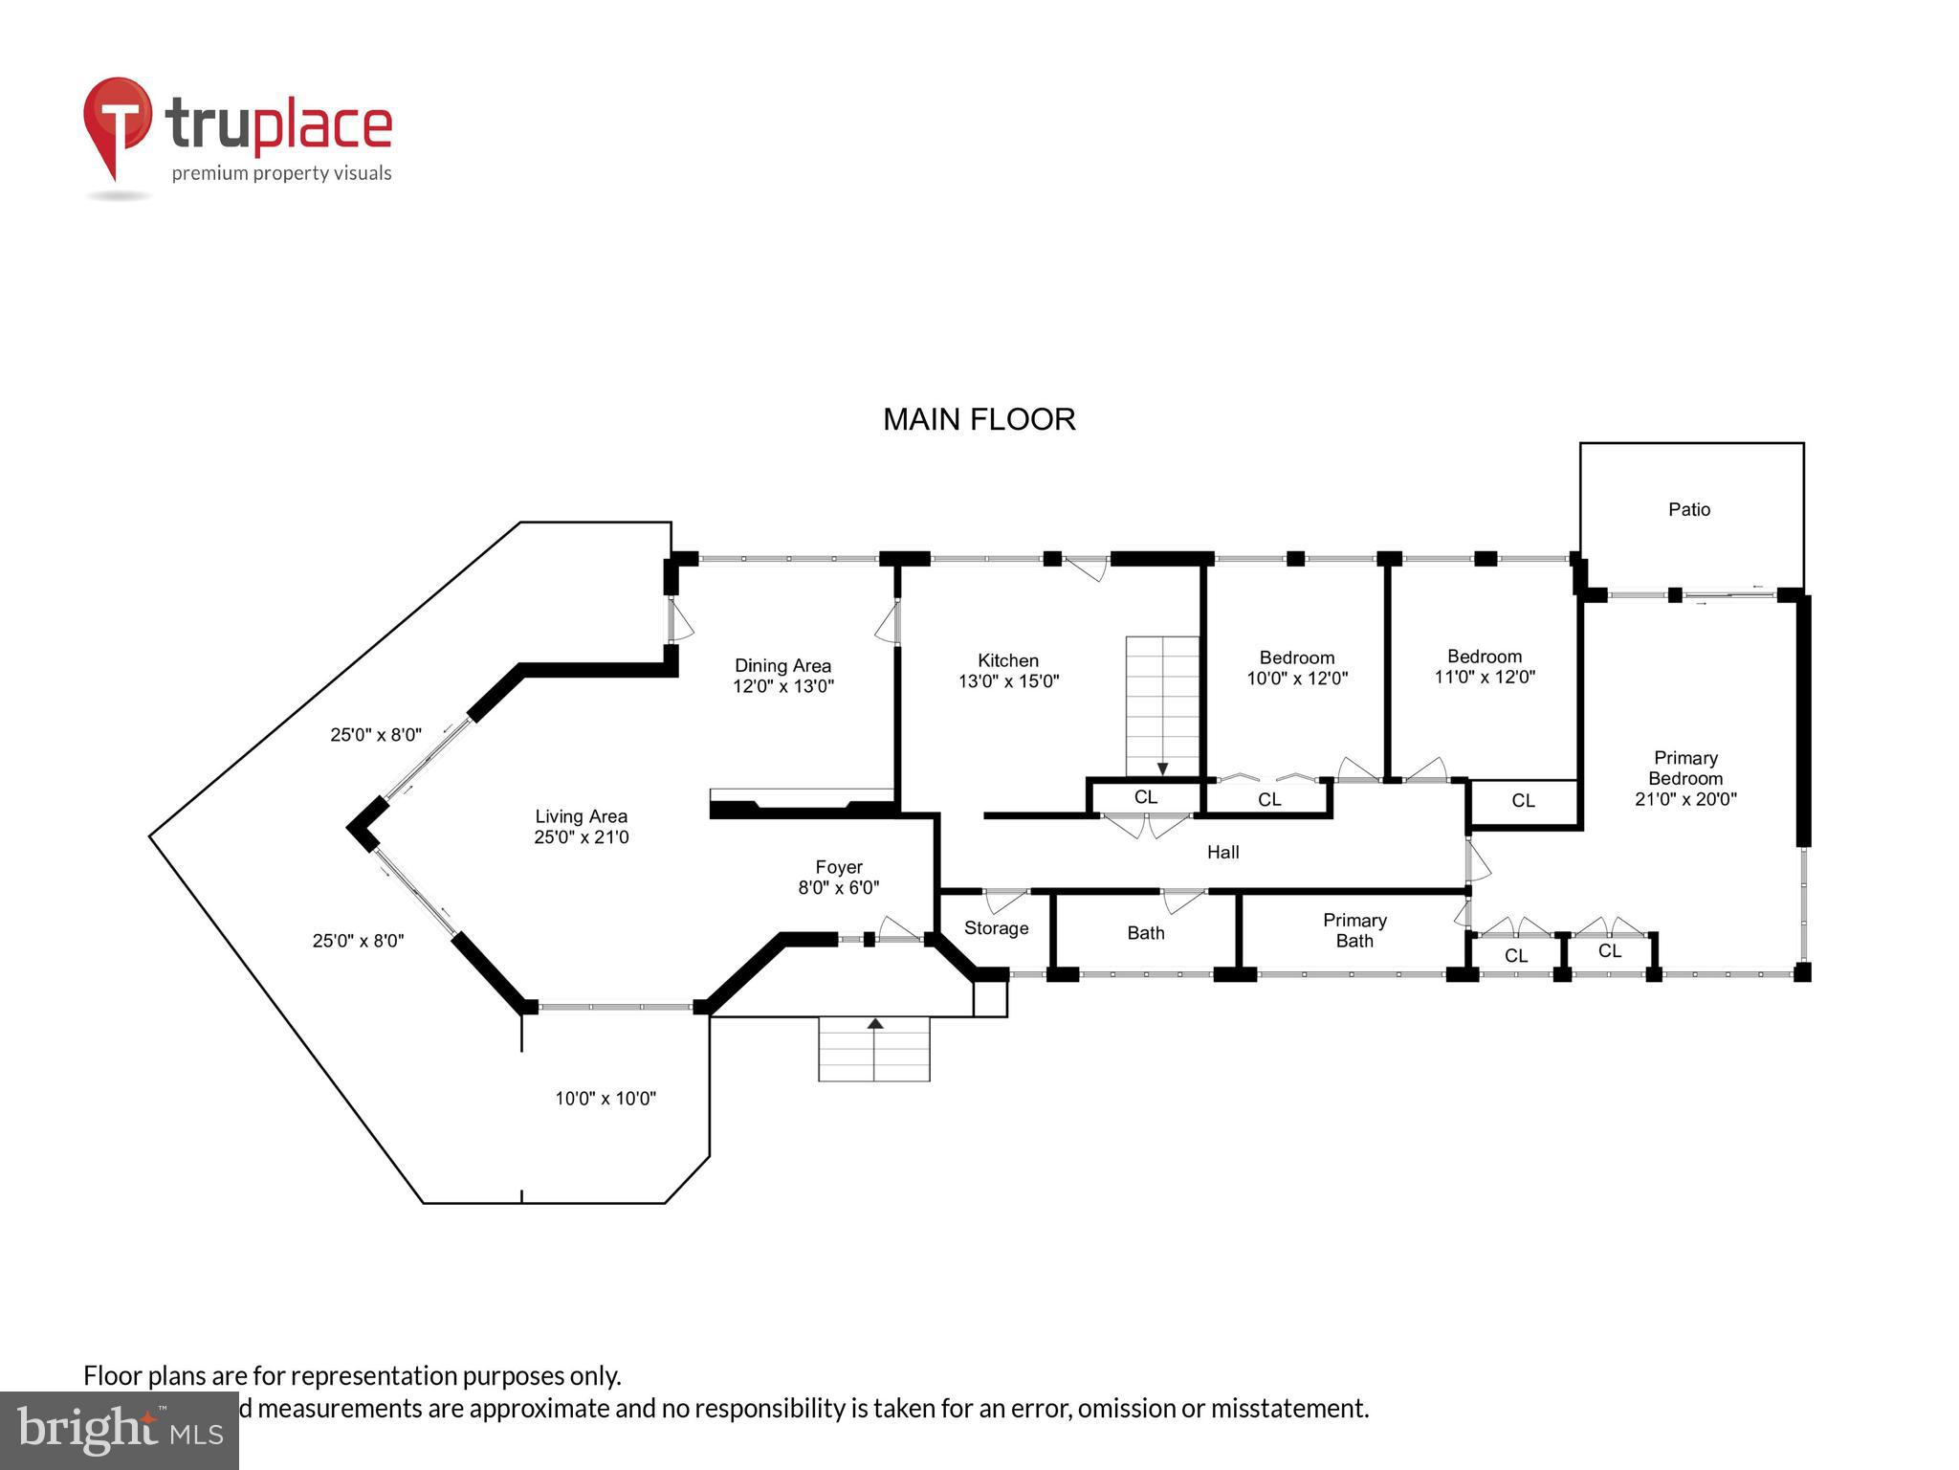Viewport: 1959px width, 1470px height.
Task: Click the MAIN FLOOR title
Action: click(979, 419)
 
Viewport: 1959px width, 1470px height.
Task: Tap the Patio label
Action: click(1689, 509)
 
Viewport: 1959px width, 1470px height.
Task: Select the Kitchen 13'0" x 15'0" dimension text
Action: click(1008, 681)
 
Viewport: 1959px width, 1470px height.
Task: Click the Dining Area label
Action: click(782, 665)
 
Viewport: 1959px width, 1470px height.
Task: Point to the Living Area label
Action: click(581, 816)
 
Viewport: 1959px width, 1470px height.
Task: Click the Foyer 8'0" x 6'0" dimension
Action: click(838, 888)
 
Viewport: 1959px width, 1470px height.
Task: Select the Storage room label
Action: click(996, 928)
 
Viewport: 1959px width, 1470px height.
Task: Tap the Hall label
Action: click(1222, 852)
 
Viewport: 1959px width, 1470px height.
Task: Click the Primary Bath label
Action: click(1354, 930)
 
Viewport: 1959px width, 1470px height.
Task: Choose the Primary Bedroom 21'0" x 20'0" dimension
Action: click(1685, 799)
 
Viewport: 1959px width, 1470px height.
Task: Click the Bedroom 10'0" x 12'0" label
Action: click(1297, 667)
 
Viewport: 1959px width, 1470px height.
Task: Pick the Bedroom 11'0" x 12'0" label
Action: click(1485, 666)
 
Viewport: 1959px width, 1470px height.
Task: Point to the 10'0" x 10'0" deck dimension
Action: click(605, 1099)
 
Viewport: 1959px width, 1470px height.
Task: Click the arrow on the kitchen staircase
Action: click(1162, 768)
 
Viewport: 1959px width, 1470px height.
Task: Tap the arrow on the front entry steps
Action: click(874, 1024)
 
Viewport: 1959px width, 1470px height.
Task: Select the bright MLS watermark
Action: click(119, 1430)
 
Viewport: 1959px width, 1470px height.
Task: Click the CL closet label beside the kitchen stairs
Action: click(1145, 797)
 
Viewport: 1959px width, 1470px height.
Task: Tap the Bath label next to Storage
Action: click(1145, 933)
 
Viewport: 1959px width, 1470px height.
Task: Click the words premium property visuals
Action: click(281, 173)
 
